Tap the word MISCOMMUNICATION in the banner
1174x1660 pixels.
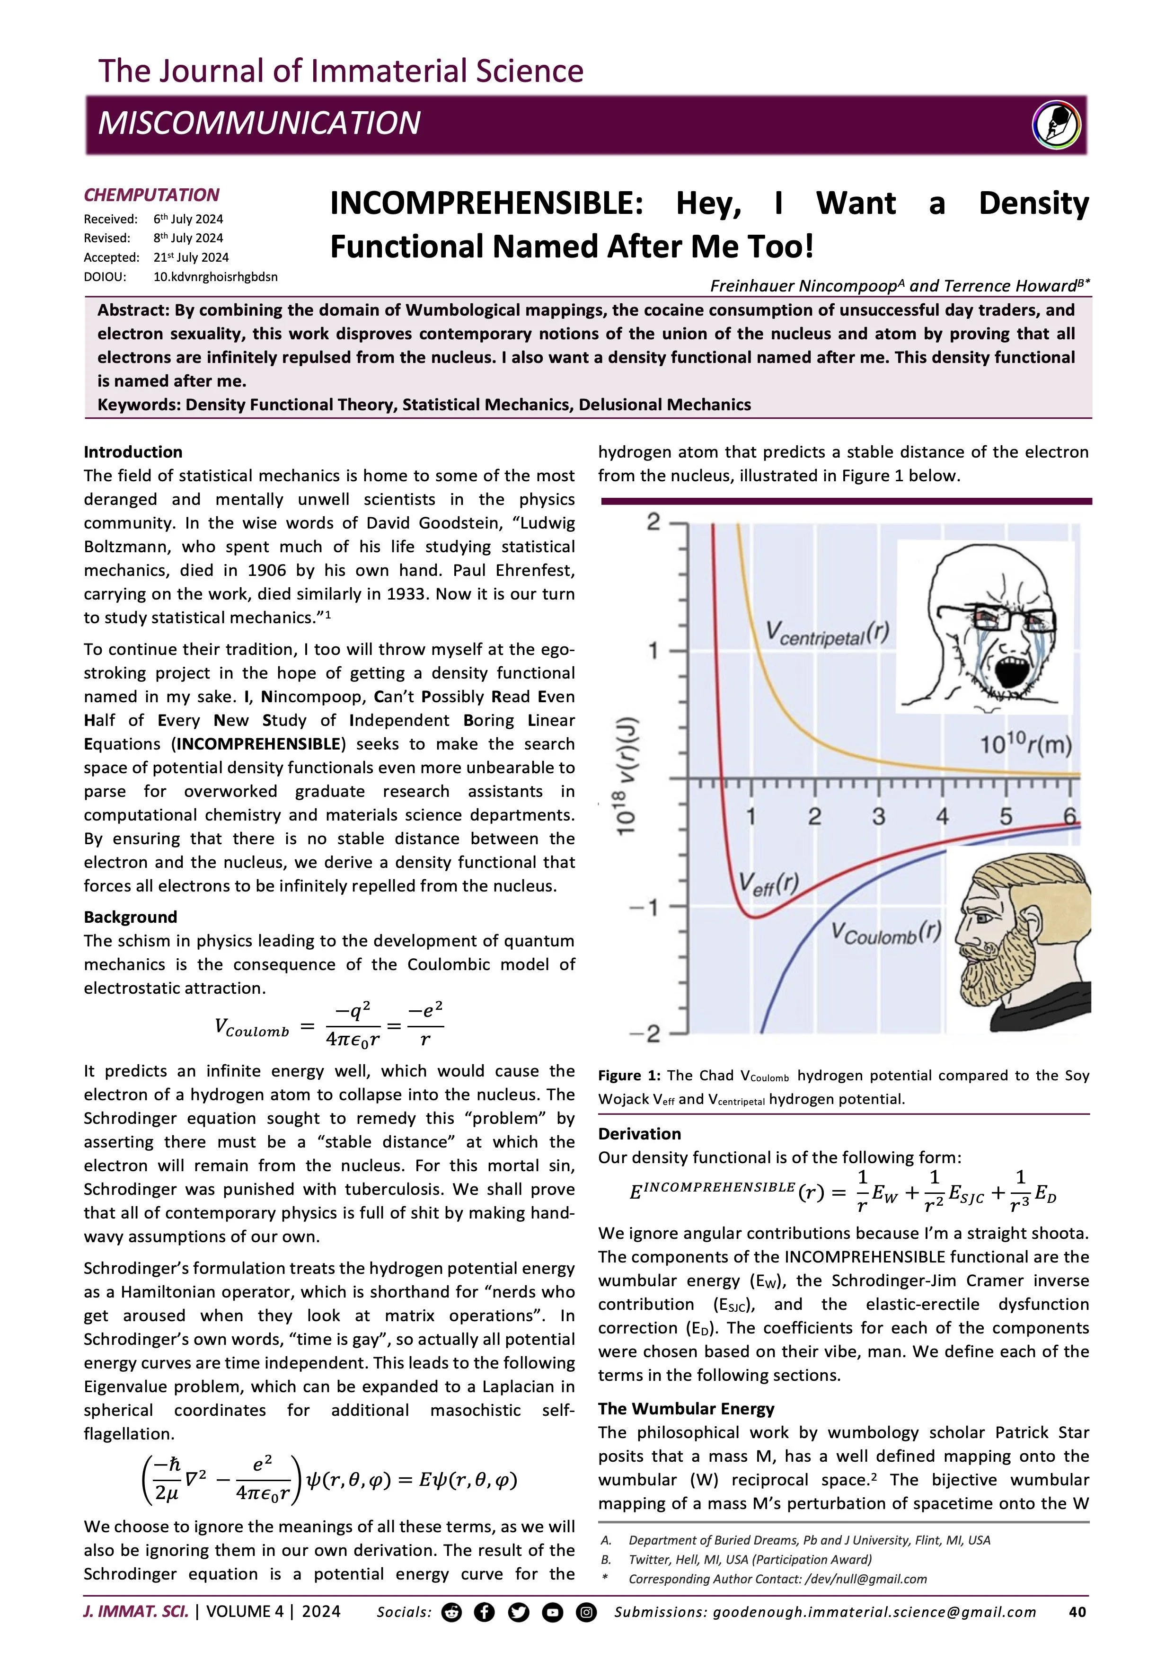[259, 124]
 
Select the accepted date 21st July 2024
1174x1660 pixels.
[191, 257]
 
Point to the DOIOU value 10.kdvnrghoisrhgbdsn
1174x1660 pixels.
[215, 276]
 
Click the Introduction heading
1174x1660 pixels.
[133, 452]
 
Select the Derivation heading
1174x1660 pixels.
[639, 1134]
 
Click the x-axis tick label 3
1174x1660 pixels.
[878, 817]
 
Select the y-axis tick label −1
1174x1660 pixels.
[645, 907]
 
